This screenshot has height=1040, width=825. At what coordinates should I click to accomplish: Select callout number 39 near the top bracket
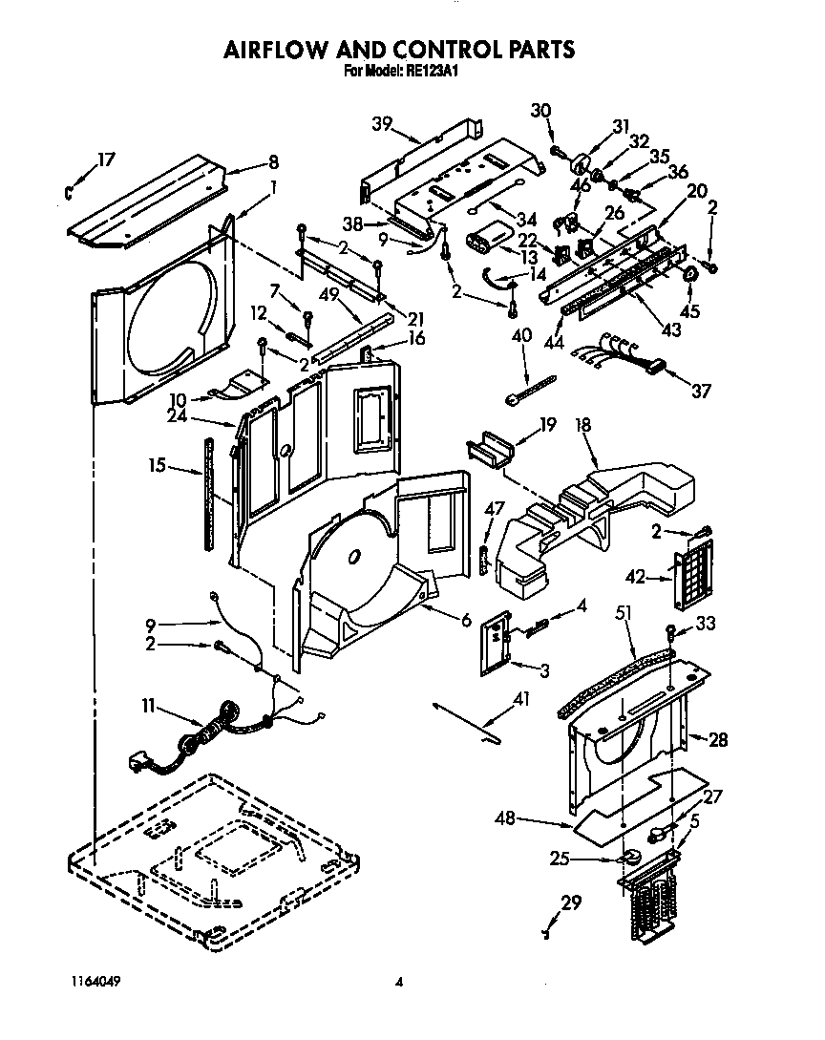(x=382, y=122)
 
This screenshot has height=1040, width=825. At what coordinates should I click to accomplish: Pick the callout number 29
(x=571, y=902)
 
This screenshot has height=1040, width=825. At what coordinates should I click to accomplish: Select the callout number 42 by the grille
(x=635, y=577)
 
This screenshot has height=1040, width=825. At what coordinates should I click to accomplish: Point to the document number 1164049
(x=94, y=981)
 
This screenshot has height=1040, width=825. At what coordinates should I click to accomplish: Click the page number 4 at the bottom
(x=400, y=981)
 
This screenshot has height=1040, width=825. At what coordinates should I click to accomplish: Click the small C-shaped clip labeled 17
(x=70, y=193)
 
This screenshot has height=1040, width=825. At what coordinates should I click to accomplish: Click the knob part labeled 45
(x=690, y=274)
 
